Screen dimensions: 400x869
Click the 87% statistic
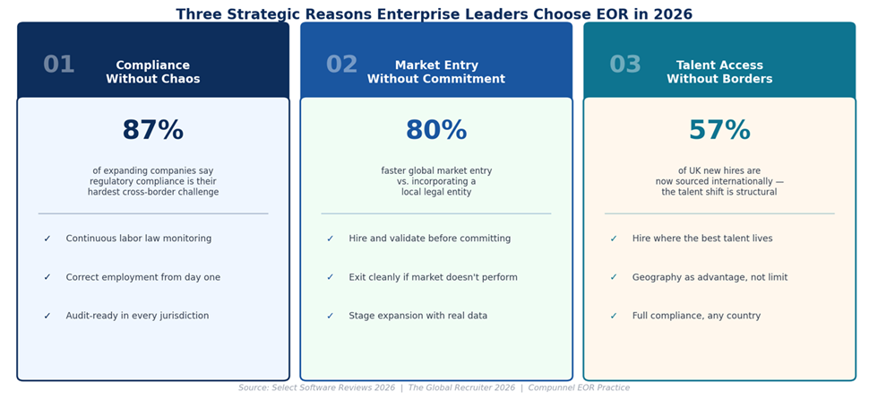[x=152, y=131]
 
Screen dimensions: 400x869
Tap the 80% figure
[x=435, y=131]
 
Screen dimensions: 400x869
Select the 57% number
[x=718, y=131]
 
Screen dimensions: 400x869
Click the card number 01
[x=59, y=65]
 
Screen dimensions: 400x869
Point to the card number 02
[x=341, y=65]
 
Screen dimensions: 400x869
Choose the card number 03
[x=625, y=65]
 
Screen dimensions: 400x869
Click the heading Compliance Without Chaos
[x=152, y=72]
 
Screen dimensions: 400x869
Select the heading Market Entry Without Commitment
[x=435, y=72]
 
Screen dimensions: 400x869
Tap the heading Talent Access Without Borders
[x=718, y=72]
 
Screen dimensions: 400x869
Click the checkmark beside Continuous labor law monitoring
[x=47, y=239]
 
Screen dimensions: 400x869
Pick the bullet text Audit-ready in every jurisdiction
[x=137, y=316]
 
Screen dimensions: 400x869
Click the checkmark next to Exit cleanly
[x=331, y=278]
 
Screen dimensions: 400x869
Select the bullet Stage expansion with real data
[x=417, y=316]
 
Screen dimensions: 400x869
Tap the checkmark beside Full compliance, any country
[x=614, y=316]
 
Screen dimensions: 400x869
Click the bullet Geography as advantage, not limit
[x=710, y=278]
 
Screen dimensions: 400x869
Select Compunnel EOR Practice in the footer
[x=579, y=388]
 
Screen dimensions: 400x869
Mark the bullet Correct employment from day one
[x=142, y=278]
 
